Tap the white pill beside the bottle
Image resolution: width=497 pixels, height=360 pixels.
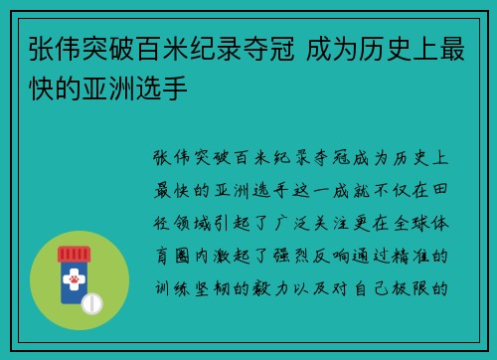(91, 301)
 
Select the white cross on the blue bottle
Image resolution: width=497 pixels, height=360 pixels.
(71, 275)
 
